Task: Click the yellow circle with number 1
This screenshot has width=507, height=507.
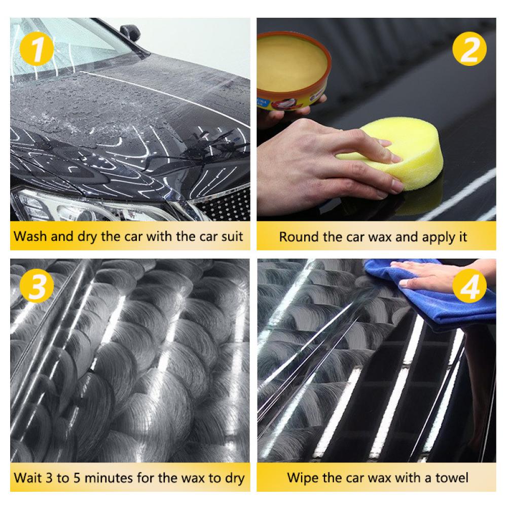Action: point(37,49)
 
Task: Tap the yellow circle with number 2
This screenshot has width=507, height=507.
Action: point(469,49)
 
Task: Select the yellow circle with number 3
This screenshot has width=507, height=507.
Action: point(37,285)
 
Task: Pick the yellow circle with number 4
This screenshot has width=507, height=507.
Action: point(469,285)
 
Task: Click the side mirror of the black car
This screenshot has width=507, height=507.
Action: point(130,32)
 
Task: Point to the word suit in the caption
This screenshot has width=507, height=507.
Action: point(232,236)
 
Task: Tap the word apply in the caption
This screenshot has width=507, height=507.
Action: point(437,238)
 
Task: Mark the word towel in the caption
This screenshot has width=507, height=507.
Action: point(452,478)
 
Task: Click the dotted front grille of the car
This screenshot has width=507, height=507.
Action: point(226,204)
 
